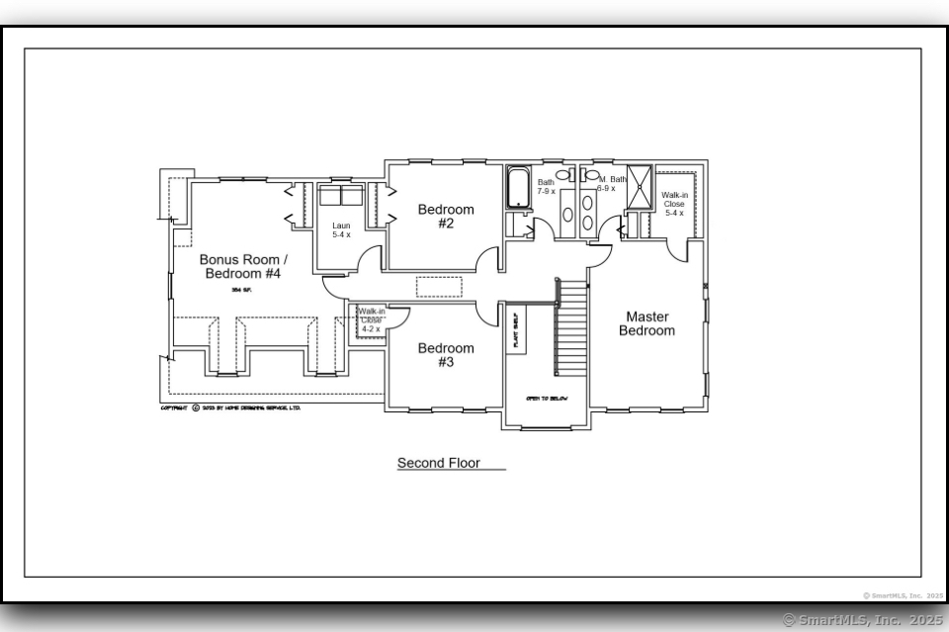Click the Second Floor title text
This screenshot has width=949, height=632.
[x=438, y=463]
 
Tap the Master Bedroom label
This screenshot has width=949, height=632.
[x=647, y=323]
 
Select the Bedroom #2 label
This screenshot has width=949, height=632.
[x=445, y=216]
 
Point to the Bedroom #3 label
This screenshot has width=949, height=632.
[x=445, y=355]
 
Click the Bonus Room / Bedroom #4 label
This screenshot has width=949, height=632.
[x=243, y=266]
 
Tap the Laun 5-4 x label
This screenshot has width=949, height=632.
[x=341, y=230]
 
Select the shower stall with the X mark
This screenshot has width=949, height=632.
[x=640, y=187]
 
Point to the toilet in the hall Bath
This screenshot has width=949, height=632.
[x=563, y=174]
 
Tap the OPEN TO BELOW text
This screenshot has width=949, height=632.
[x=546, y=398]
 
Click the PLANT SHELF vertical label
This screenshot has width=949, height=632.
[x=515, y=329]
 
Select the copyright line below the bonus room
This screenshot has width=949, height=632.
[x=230, y=407]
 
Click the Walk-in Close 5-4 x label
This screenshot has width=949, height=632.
[x=674, y=204]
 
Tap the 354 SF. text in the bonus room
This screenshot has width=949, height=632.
[x=242, y=290]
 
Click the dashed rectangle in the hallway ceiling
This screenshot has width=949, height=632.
[x=439, y=287]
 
